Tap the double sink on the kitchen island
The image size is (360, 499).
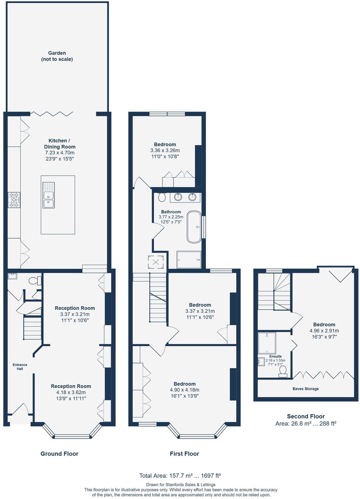pos(49,195)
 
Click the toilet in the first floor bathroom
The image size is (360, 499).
pos(162,197)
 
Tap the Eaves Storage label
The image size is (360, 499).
pos(306,389)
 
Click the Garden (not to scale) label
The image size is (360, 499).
pos(57,56)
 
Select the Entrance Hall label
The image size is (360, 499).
pos(20,367)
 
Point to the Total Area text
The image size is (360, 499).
pos(180,476)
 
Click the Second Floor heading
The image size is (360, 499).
pos(306,416)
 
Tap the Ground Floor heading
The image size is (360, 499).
pos(59,453)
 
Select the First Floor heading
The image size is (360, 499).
pos(184,453)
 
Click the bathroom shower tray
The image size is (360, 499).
pos(189,259)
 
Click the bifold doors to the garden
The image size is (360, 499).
pos(52,114)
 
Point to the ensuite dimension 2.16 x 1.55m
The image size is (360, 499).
pos(275,360)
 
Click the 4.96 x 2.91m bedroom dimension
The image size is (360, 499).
pos(324,331)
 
